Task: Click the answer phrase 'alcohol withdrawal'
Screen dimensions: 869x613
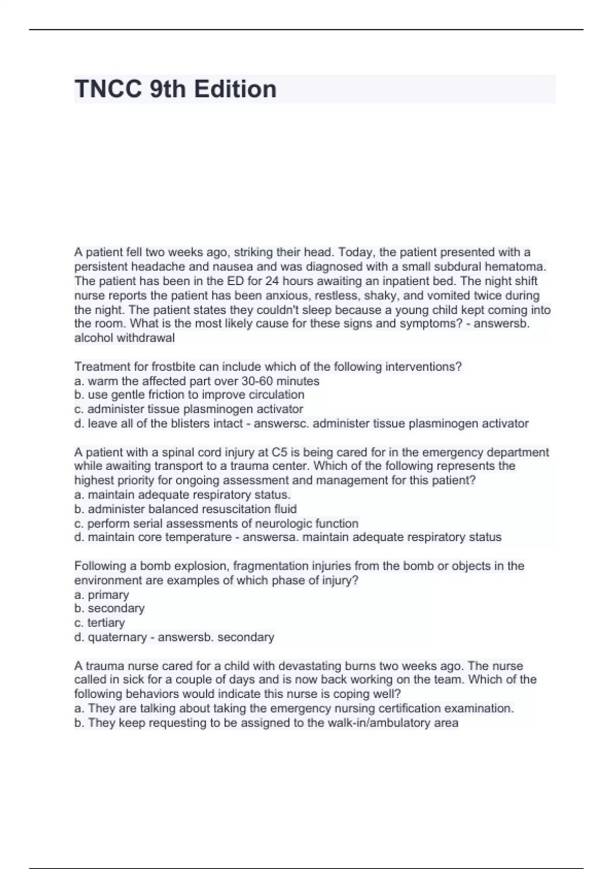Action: (x=125, y=338)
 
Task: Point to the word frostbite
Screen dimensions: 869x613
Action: (x=175, y=367)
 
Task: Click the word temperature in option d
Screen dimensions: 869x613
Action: (x=198, y=537)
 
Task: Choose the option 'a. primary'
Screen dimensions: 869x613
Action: (x=102, y=594)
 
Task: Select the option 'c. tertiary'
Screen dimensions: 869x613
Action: (x=100, y=623)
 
